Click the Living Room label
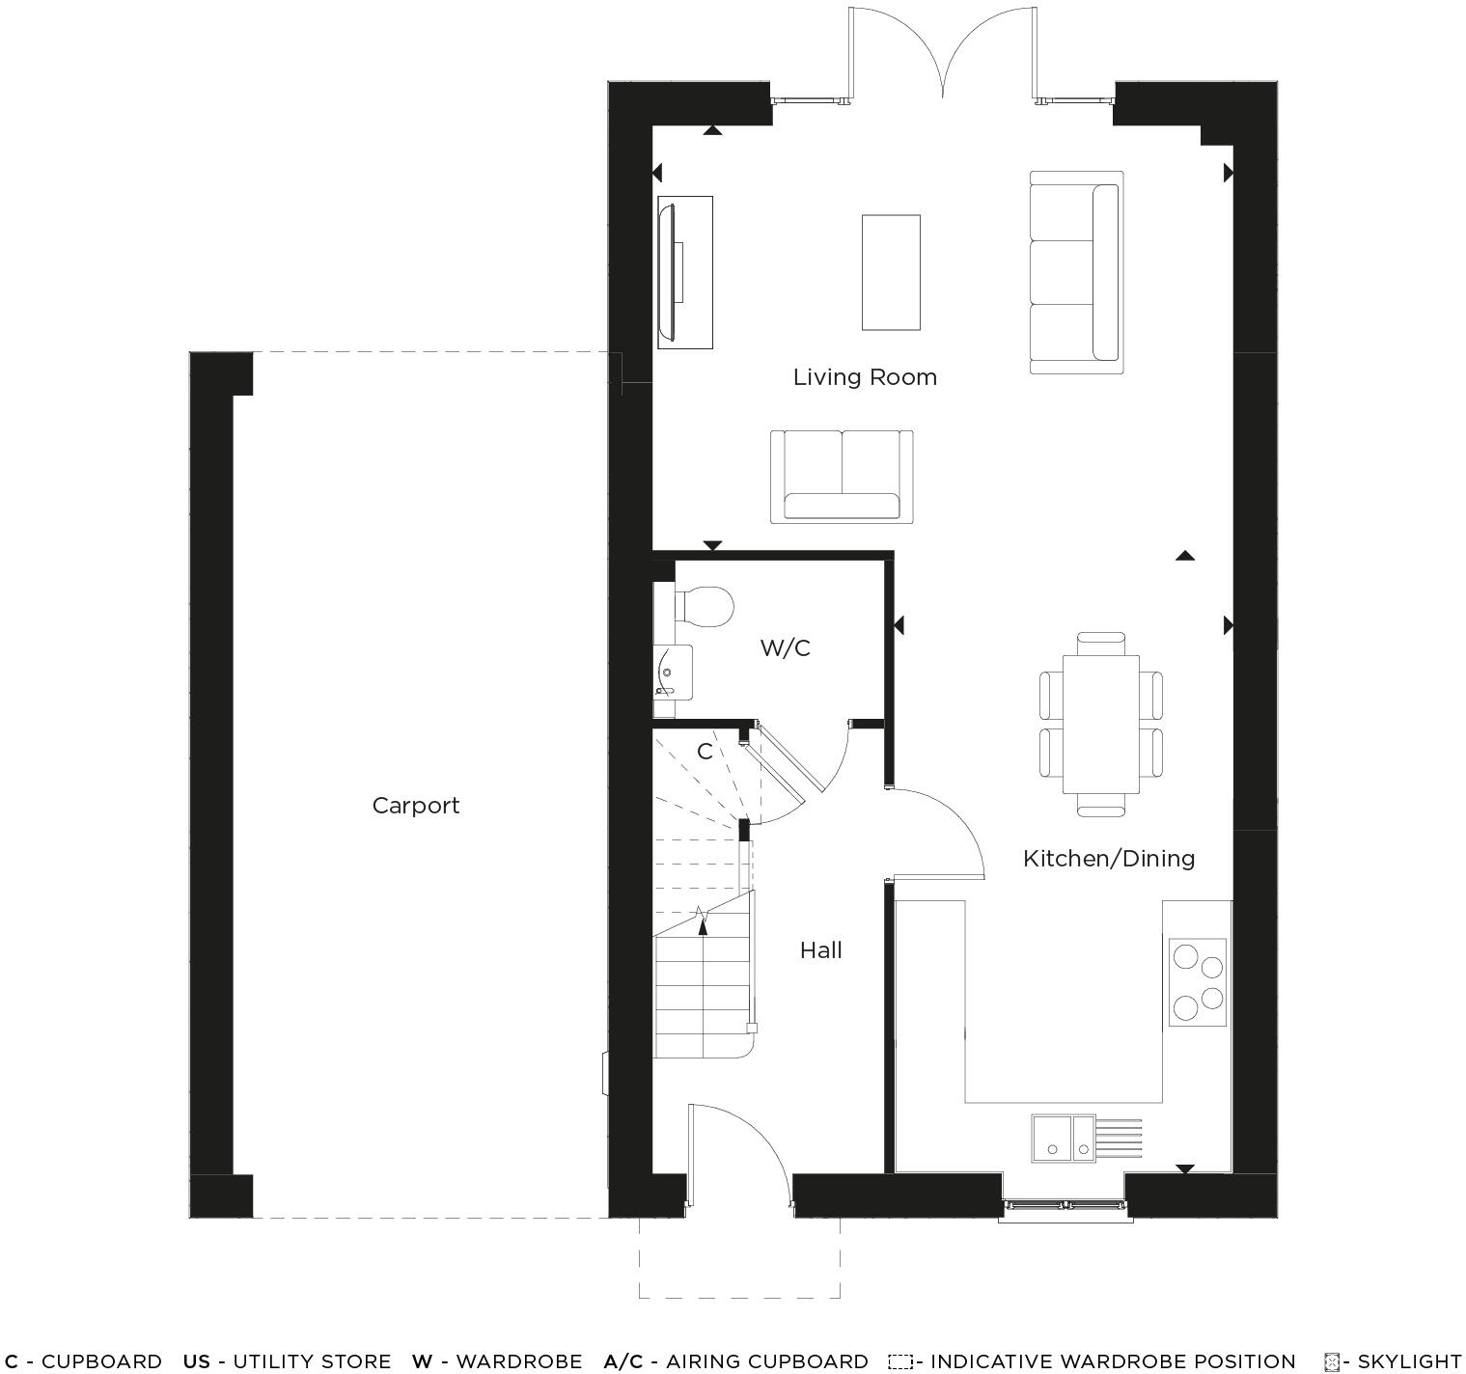865,377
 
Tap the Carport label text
415,806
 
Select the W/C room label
785,647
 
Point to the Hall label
820,950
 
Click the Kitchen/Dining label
1108,858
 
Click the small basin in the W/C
673,672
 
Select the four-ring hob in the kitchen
1197,981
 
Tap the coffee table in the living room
890,272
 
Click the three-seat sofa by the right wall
1076,272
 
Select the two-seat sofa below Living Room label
842,477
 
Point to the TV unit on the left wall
684,272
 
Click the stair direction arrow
702,921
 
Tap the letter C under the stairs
705,751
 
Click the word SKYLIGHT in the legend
1409,1361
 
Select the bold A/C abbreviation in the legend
622,1361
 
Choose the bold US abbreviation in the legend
196,1361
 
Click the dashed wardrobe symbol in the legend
899,1361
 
